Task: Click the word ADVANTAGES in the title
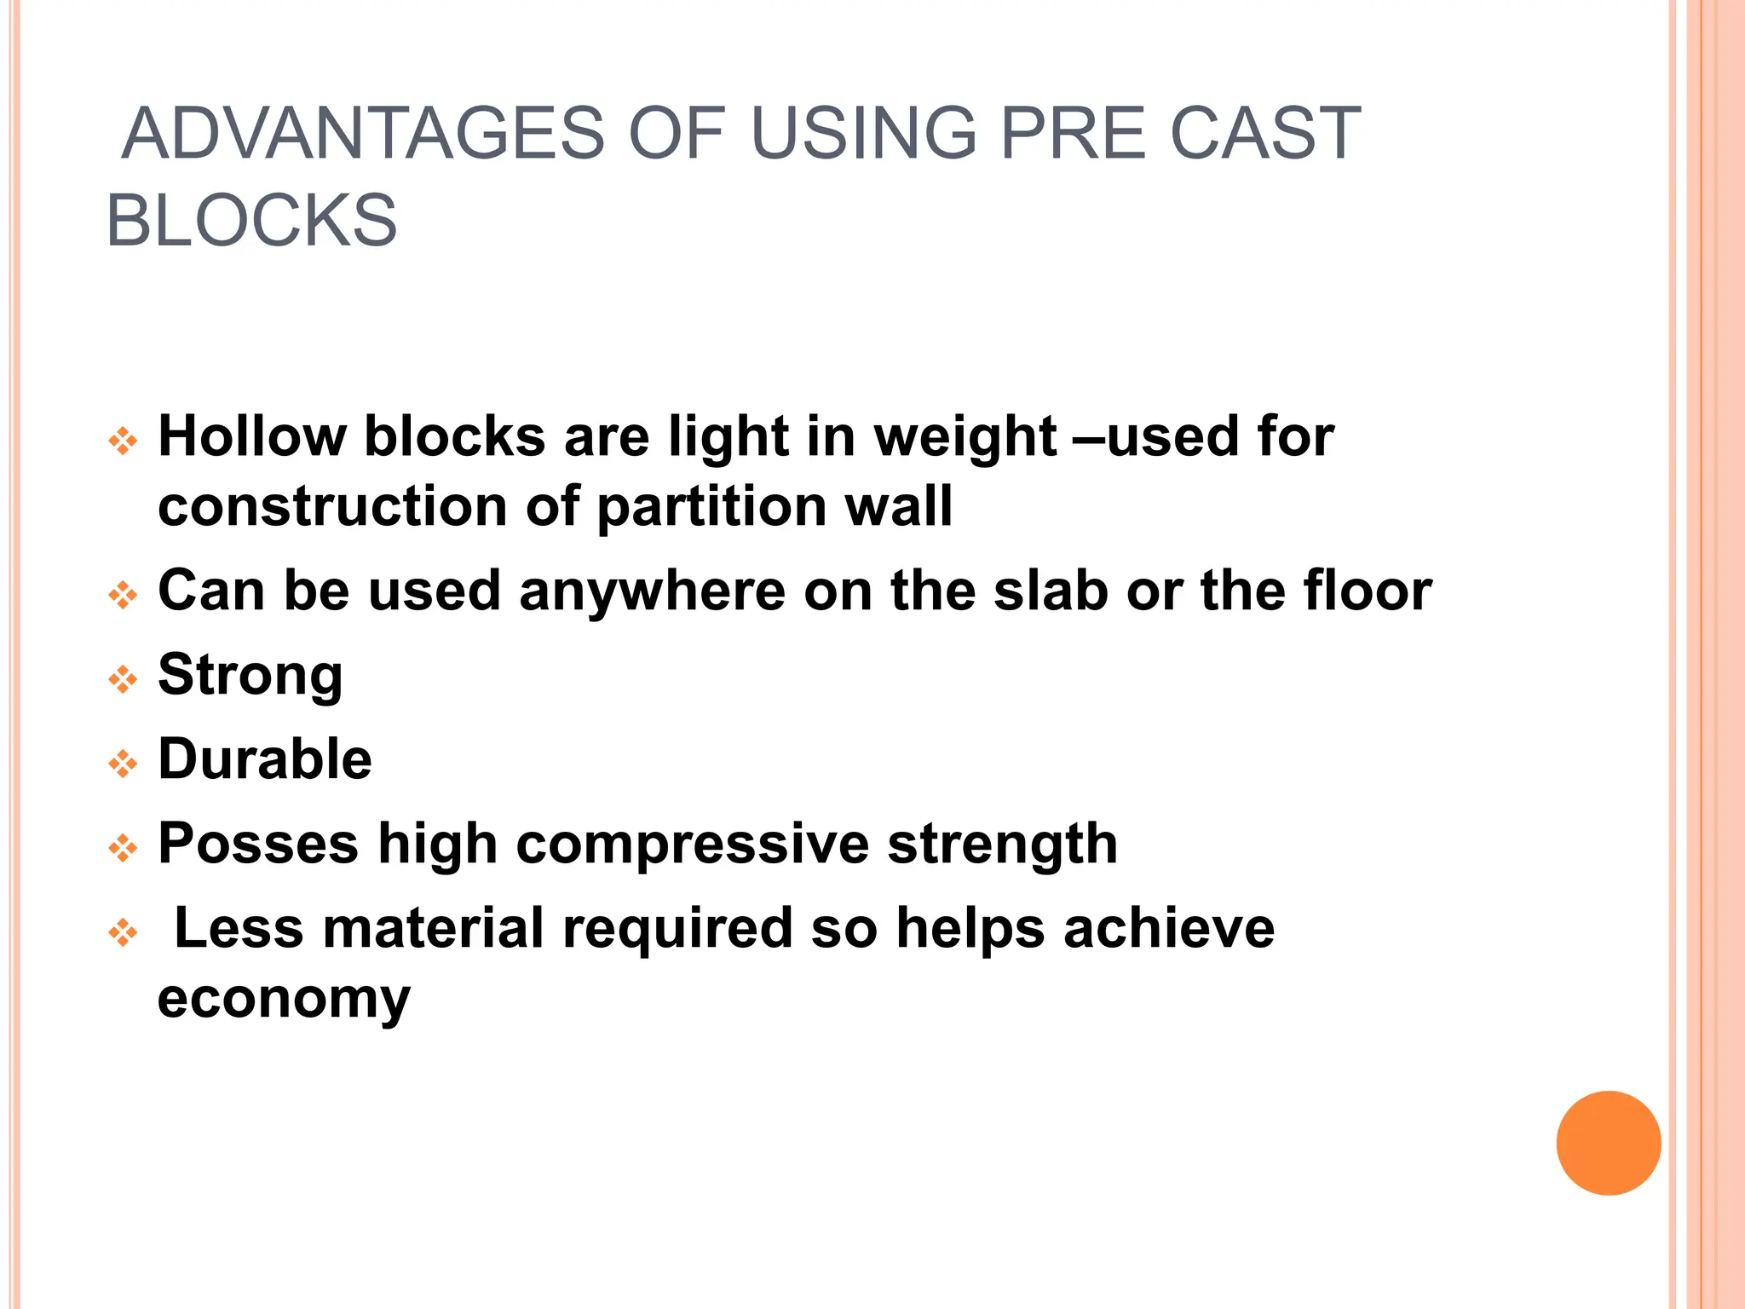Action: [363, 134]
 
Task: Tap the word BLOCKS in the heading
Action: [252, 221]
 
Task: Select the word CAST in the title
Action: [1265, 134]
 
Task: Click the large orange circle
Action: [1608, 1143]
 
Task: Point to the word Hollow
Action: [252, 436]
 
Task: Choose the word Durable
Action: [265, 758]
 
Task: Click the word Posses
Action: [258, 844]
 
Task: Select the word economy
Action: [284, 1000]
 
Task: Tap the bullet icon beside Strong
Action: [124, 679]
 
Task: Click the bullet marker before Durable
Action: [124, 764]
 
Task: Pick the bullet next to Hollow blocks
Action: [124, 441]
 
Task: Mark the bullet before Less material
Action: [124, 932]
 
